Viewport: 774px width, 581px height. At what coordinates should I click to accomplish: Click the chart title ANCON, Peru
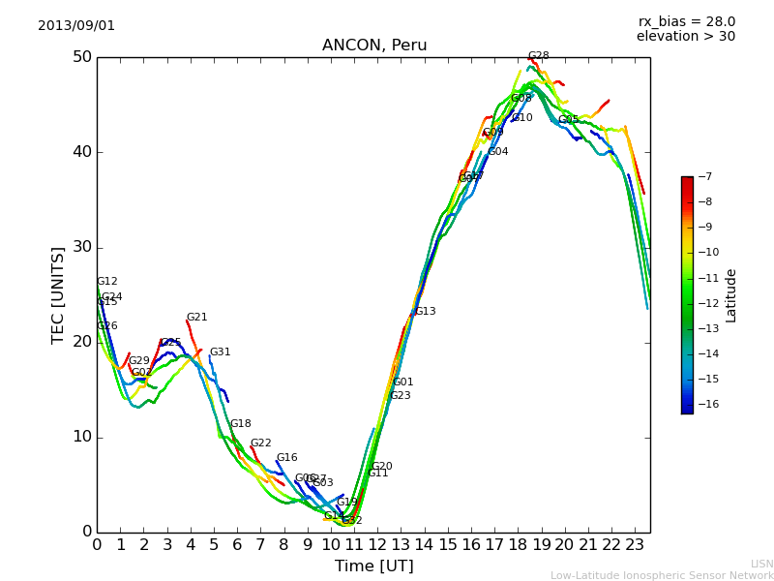(374, 46)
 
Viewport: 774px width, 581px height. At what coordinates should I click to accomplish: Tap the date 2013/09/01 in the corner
(76, 25)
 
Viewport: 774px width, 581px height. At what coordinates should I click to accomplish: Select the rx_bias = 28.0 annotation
(686, 21)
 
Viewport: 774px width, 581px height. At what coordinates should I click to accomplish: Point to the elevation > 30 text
(686, 37)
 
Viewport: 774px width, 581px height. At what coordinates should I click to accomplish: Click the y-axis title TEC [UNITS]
(58, 294)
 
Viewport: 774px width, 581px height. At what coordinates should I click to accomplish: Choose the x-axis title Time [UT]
(373, 566)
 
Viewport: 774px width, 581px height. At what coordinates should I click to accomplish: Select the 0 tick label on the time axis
(97, 545)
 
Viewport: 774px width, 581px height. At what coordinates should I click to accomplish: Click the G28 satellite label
(538, 56)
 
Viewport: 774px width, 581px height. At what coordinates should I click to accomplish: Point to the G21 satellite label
(196, 318)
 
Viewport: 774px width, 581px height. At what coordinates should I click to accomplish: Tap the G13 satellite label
(425, 312)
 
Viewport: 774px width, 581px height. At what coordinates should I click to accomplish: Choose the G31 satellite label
(220, 352)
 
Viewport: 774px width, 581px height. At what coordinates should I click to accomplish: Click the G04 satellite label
(497, 152)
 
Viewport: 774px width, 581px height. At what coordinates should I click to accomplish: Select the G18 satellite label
(240, 424)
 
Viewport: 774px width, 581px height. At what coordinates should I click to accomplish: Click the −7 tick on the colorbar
(703, 177)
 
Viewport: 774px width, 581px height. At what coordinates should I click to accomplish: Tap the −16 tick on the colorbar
(706, 405)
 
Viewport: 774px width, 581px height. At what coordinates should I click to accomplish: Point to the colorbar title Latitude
(731, 295)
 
